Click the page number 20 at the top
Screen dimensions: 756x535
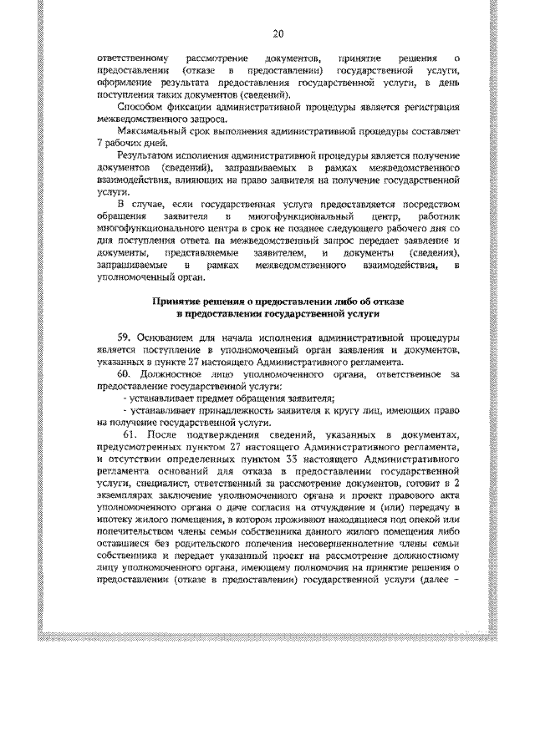[x=279, y=34]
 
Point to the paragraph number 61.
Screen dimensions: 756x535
[x=128, y=435]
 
